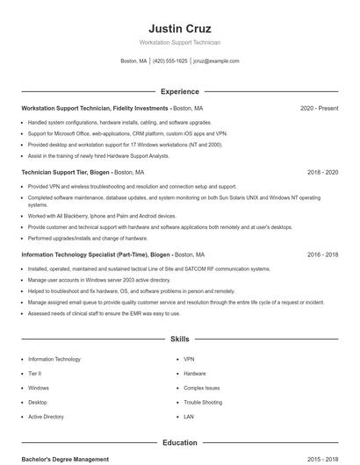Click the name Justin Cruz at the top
coord(180,28)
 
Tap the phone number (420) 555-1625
coord(170,61)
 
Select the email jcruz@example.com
coord(216,61)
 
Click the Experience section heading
coord(180,91)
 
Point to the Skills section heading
coord(180,338)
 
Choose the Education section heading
coord(180,443)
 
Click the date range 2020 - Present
coord(319,108)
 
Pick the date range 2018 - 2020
coord(322,173)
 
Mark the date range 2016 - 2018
coord(322,254)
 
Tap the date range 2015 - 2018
coord(322,459)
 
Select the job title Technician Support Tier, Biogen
coord(66,173)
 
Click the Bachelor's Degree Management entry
coord(65,459)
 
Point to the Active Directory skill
coord(46,417)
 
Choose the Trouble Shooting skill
coord(203,402)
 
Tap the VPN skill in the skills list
coord(189,359)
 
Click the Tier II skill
coord(35,373)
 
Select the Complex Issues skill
coord(202,388)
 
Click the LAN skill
coord(189,417)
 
